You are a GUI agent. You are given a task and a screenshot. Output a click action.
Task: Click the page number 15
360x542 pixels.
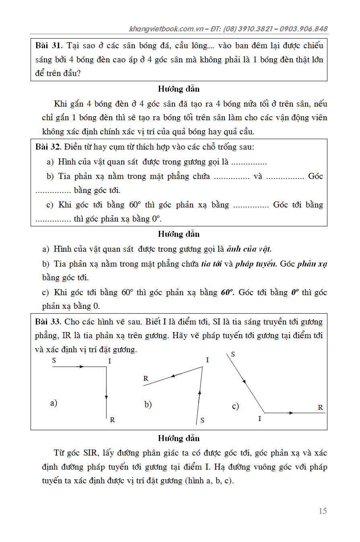[x=323, y=511]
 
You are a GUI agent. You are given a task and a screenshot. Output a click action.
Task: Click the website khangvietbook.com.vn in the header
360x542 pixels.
[x=167, y=29]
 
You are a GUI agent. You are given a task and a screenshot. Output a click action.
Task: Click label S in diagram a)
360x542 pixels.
[x=54, y=360]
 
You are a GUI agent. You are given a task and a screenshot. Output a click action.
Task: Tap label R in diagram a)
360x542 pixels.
[x=112, y=420]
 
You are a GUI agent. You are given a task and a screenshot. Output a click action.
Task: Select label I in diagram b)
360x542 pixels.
[x=207, y=360]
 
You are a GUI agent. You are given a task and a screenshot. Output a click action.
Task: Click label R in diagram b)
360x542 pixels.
[x=146, y=378]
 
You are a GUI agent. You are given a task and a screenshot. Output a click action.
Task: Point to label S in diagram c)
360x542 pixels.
[x=233, y=354]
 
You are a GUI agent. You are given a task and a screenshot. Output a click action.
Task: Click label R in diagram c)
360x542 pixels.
[x=320, y=407]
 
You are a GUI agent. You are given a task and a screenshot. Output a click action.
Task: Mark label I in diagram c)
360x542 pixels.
[x=260, y=419]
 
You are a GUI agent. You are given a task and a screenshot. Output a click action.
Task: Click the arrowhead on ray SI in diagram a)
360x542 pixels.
[x=81, y=367]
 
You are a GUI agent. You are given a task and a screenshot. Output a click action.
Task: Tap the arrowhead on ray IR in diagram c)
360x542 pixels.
[x=291, y=413]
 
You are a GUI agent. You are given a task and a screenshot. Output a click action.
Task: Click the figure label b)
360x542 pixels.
[x=148, y=404]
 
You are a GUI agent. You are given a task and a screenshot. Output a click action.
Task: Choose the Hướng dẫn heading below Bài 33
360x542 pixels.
[x=179, y=438]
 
